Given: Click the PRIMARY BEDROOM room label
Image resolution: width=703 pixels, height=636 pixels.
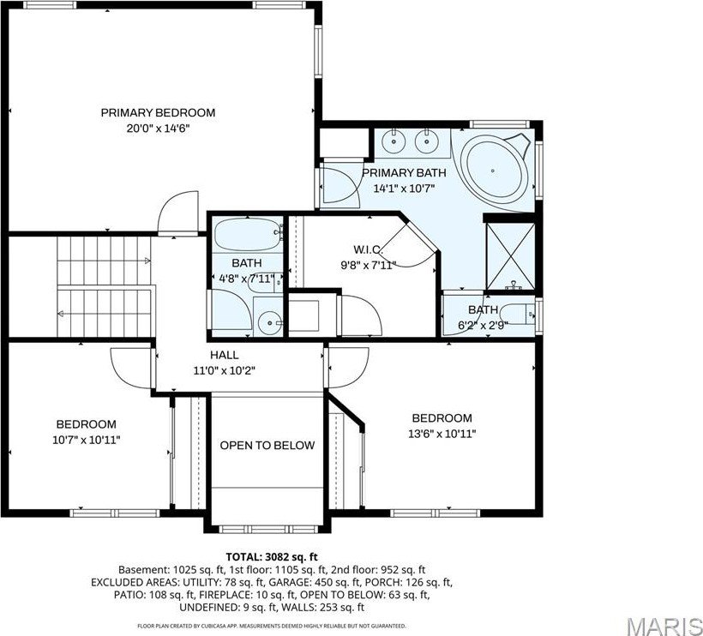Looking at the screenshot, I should pyautogui.click(x=158, y=112).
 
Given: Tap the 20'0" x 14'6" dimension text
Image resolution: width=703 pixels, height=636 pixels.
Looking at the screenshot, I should pyautogui.click(x=158, y=129).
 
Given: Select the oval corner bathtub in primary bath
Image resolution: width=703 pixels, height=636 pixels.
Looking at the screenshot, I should pyautogui.click(x=495, y=171).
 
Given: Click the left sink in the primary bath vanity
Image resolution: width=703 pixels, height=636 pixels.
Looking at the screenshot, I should pyautogui.click(x=396, y=141).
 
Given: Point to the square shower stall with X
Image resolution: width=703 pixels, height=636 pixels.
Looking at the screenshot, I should pyautogui.click(x=509, y=255).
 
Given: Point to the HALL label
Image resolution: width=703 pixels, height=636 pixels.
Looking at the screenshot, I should pyautogui.click(x=225, y=355).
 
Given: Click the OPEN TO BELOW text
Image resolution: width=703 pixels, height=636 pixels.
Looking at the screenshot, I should pyautogui.click(x=267, y=446).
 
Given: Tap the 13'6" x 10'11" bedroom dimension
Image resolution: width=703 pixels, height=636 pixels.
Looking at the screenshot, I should pyautogui.click(x=442, y=434).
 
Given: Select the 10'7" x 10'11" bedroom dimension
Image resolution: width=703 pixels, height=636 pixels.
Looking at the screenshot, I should pyautogui.click(x=87, y=440).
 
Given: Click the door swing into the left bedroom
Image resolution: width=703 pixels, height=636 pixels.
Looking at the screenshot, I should pyautogui.click(x=133, y=366).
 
